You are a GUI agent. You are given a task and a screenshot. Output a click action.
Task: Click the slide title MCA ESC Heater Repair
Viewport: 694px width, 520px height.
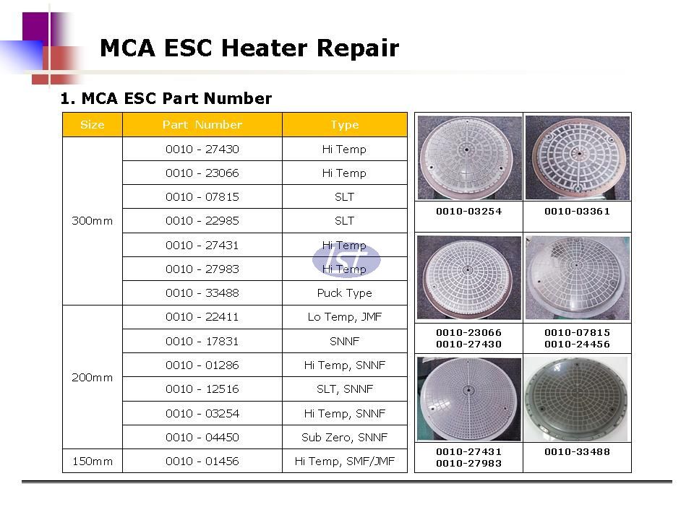pos(249,48)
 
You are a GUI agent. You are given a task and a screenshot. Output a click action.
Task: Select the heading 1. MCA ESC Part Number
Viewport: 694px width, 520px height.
pos(166,98)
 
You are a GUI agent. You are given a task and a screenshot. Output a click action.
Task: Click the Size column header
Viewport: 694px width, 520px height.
pos(92,125)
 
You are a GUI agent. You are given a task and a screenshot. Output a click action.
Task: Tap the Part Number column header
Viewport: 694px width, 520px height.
pos(202,125)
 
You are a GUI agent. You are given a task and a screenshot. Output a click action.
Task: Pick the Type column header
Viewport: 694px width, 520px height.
pos(344,125)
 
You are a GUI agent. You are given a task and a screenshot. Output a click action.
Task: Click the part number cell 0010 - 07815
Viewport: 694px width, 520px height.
pos(202,196)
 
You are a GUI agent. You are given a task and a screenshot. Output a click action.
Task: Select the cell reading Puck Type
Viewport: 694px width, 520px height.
pos(344,292)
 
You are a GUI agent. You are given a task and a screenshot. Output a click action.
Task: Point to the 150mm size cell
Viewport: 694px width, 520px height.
pos(92,461)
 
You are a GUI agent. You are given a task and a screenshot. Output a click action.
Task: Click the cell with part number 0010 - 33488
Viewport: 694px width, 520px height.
pos(202,292)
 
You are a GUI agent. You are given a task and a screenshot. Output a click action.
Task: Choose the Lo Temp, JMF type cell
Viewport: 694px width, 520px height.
pos(344,317)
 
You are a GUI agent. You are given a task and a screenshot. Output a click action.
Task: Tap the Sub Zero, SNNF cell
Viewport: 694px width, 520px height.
pos(344,438)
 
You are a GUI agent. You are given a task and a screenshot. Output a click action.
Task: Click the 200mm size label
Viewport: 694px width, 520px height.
pos(92,378)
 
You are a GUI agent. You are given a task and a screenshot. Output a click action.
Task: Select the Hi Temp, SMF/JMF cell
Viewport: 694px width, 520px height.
pos(344,461)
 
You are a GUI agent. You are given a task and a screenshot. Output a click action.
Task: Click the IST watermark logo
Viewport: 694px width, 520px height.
pos(346,259)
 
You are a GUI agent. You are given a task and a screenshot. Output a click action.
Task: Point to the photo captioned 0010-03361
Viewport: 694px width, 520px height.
pos(577,158)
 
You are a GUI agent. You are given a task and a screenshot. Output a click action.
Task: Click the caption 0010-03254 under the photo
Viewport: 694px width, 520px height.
pos(468,212)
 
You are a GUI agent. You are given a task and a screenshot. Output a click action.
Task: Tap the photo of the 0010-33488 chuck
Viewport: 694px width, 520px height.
pos(577,399)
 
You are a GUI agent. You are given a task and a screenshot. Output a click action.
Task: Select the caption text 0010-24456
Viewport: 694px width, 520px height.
pos(577,344)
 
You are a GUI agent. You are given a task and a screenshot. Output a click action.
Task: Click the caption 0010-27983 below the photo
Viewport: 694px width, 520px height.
pos(468,464)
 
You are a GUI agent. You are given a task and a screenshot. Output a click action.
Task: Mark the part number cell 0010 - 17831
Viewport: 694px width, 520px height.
pos(202,342)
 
